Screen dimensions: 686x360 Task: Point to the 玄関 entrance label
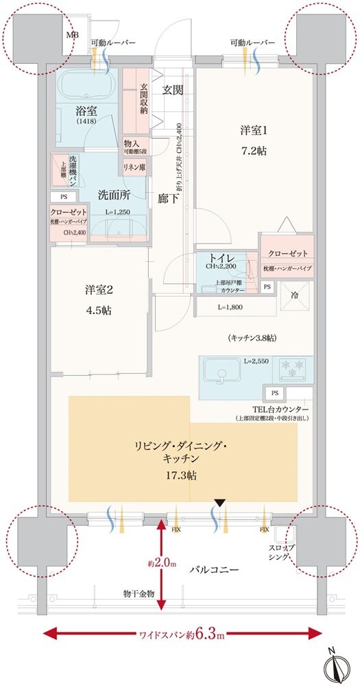pos(173,89)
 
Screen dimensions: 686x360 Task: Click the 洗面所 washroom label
pos(113,194)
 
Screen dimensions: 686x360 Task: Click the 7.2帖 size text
pos(249,151)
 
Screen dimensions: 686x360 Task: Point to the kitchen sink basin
pos(221,375)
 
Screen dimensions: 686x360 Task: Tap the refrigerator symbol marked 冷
pos(295,296)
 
